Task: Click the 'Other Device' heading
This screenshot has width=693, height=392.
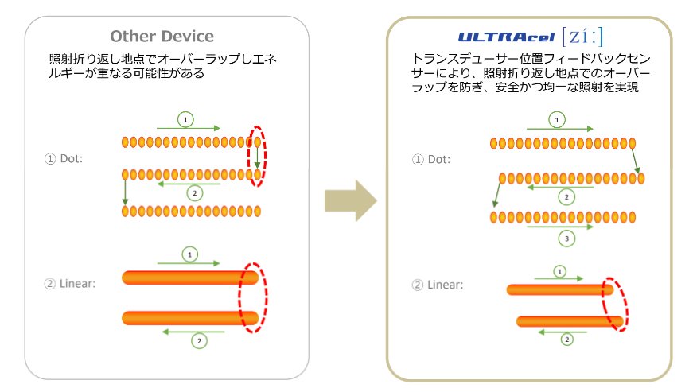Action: pyautogui.click(x=162, y=36)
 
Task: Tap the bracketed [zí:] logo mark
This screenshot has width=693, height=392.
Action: pyautogui.click(x=582, y=36)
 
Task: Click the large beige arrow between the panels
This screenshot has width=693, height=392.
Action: pyautogui.click(x=350, y=201)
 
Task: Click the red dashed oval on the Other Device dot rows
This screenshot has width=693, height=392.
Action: pyautogui.click(x=258, y=156)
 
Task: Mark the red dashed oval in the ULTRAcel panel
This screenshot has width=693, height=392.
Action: pyautogui.click(x=614, y=303)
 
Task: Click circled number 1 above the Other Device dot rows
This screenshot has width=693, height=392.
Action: pyautogui.click(x=186, y=119)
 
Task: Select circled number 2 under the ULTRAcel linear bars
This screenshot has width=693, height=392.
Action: pyautogui.click(x=567, y=340)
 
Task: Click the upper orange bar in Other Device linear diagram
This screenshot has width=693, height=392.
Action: pyautogui.click(x=189, y=278)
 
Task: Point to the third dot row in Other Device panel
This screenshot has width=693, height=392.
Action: pyautogui.click(x=191, y=211)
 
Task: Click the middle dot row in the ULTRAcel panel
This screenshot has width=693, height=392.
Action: pyautogui.click(x=571, y=179)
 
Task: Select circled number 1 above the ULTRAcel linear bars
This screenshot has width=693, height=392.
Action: pyautogui.click(x=559, y=271)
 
